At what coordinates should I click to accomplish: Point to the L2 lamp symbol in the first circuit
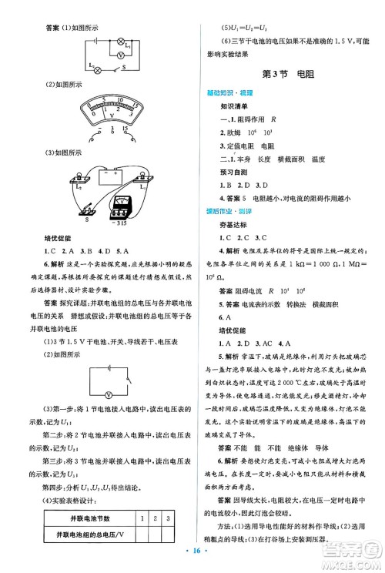[x=97, y=69]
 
